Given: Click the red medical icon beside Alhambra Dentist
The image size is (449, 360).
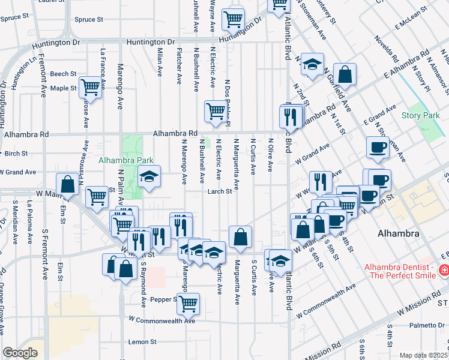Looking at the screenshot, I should pyautogui.click(x=444, y=271).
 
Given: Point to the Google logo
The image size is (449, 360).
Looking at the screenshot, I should pyautogui.click(x=20, y=353).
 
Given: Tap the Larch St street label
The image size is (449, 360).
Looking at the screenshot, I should pyautogui.click(x=220, y=191).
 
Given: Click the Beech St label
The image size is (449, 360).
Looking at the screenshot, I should pyautogui.click(x=63, y=74).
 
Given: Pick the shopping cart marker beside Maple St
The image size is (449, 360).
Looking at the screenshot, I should pyautogui.click(x=90, y=87).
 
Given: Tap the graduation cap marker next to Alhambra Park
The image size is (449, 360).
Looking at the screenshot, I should pyautogui.click(x=149, y=176).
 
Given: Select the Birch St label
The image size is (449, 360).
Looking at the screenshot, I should pyautogui.click(x=16, y=153).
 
